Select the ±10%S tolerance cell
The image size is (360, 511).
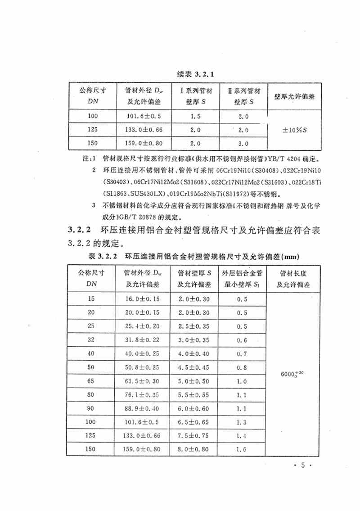[294, 130]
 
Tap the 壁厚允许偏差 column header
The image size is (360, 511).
[294, 96]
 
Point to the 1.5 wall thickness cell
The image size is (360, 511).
[195, 116]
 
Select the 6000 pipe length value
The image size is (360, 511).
[292, 373]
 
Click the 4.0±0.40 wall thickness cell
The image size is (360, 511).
[194, 354]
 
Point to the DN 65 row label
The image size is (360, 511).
[93, 381]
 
